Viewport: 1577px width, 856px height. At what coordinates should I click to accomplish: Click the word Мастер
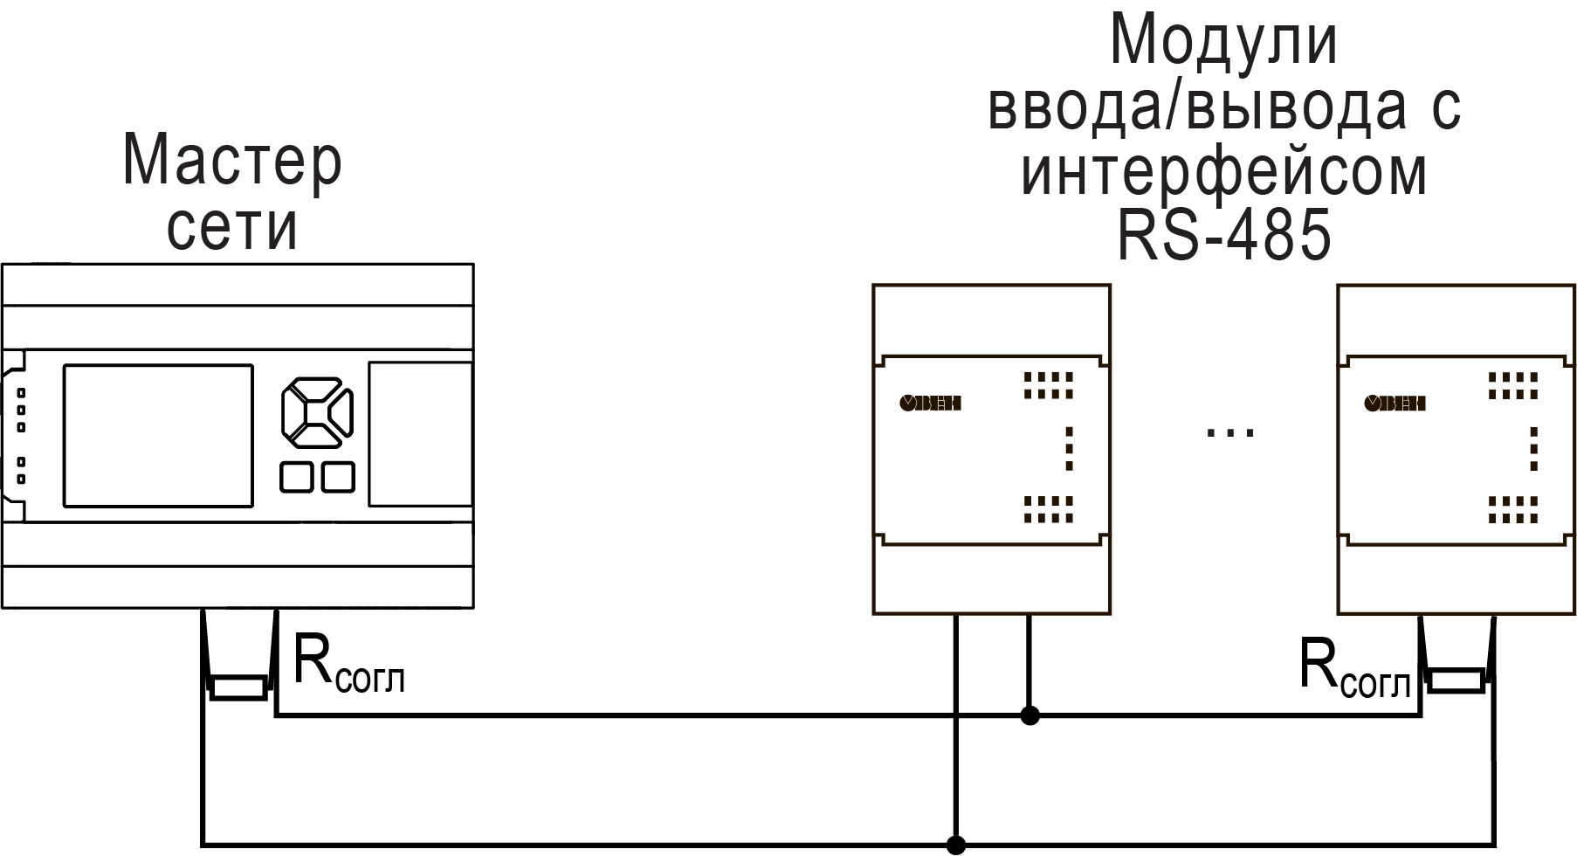[x=232, y=162]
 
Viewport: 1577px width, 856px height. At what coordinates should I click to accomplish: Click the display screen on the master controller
[x=158, y=435]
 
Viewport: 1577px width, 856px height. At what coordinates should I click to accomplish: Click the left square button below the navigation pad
[x=296, y=477]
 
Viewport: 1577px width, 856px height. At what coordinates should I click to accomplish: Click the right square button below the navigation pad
[x=338, y=477]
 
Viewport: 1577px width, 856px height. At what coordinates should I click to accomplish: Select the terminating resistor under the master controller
[x=238, y=688]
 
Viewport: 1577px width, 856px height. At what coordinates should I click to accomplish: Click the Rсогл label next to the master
[x=348, y=666]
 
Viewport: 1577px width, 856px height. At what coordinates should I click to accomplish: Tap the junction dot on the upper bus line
[x=1030, y=716]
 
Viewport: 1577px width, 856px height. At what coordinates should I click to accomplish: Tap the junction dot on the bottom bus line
[x=956, y=845]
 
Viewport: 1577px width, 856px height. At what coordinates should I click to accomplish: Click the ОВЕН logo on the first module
[x=931, y=403]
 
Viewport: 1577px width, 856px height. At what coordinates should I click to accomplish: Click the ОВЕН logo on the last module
[x=1395, y=403]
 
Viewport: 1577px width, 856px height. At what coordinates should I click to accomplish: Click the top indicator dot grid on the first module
[x=1048, y=384]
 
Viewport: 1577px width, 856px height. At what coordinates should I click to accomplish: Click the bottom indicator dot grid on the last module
[x=1512, y=508]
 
